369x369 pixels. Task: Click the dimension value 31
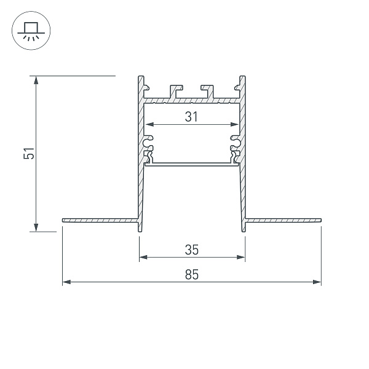pyautogui.click(x=191, y=117)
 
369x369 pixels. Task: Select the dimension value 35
pyautogui.click(x=191, y=249)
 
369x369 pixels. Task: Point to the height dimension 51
pyautogui.click(x=28, y=154)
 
